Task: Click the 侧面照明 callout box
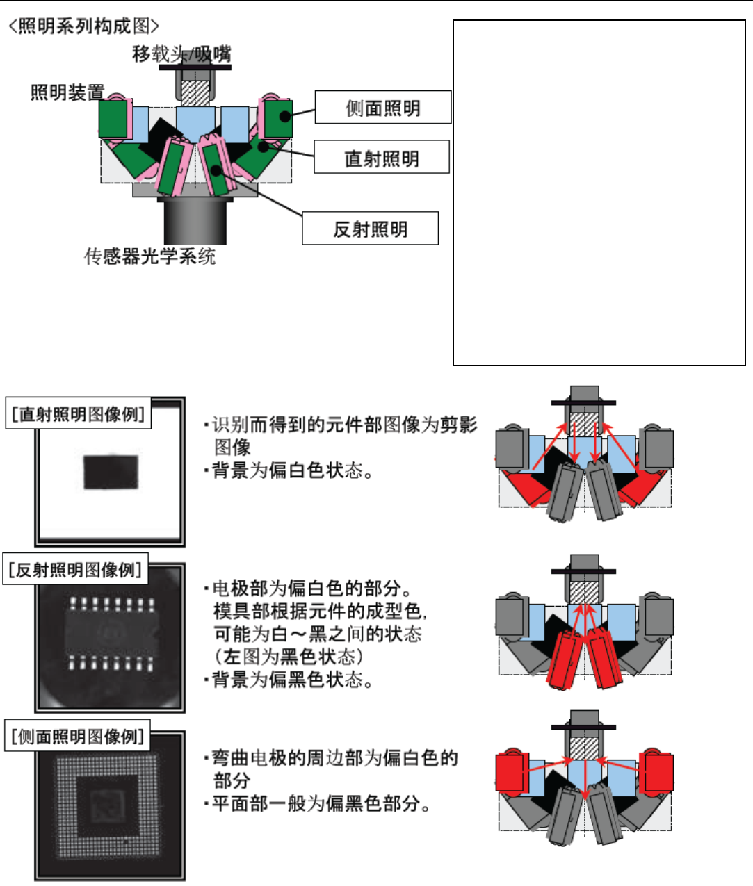coord(383,108)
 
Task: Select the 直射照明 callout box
coord(382,158)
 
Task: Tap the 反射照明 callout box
coord(370,229)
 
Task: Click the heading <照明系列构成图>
coord(83,26)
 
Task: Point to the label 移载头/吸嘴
coord(182,54)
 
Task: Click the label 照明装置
coord(67,92)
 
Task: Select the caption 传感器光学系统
coord(150,256)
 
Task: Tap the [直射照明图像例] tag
coord(78,413)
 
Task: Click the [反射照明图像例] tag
coord(75,570)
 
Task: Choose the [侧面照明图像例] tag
coord(77,736)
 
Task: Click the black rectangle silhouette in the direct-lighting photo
coord(111,473)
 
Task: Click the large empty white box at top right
coord(599,192)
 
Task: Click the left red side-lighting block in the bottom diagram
coord(509,772)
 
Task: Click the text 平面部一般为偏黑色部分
coord(321,804)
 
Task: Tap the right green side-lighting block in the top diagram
coord(278,118)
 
